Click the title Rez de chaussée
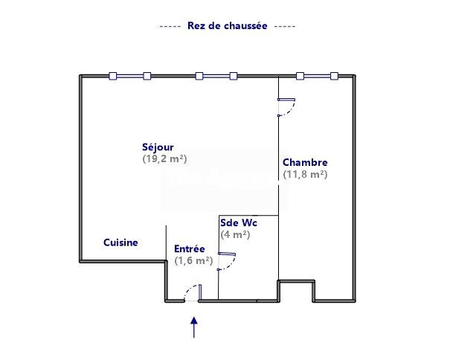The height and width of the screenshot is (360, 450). click(x=228, y=26)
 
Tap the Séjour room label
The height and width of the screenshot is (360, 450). click(x=158, y=147)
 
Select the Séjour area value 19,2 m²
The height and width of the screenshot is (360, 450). click(x=164, y=158)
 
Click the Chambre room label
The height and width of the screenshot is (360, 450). click(x=305, y=162)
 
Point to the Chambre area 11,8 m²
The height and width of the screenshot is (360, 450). click(x=305, y=174)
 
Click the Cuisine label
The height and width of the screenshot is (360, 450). click(x=120, y=242)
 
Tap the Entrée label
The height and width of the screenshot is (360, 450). click(x=190, y=249)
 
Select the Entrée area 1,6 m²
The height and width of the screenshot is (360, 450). click(x=193, y=260)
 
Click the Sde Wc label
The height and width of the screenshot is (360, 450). click(x=239, y=223)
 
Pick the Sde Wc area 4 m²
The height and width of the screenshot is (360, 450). click(x=235, y=234)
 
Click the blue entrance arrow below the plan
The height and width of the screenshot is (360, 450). click(x=194, y=327)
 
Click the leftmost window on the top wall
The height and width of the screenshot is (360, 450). click(x=130, y=76)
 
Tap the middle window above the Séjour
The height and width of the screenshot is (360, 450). click(x=216, y=76)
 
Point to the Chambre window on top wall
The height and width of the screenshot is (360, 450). click(x=317, y=76)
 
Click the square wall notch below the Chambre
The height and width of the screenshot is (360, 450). click(x=296, y=291)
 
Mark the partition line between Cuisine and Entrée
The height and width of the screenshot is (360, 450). click(x=166, y=242)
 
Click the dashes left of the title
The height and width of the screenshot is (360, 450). click(x=170, y=27)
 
